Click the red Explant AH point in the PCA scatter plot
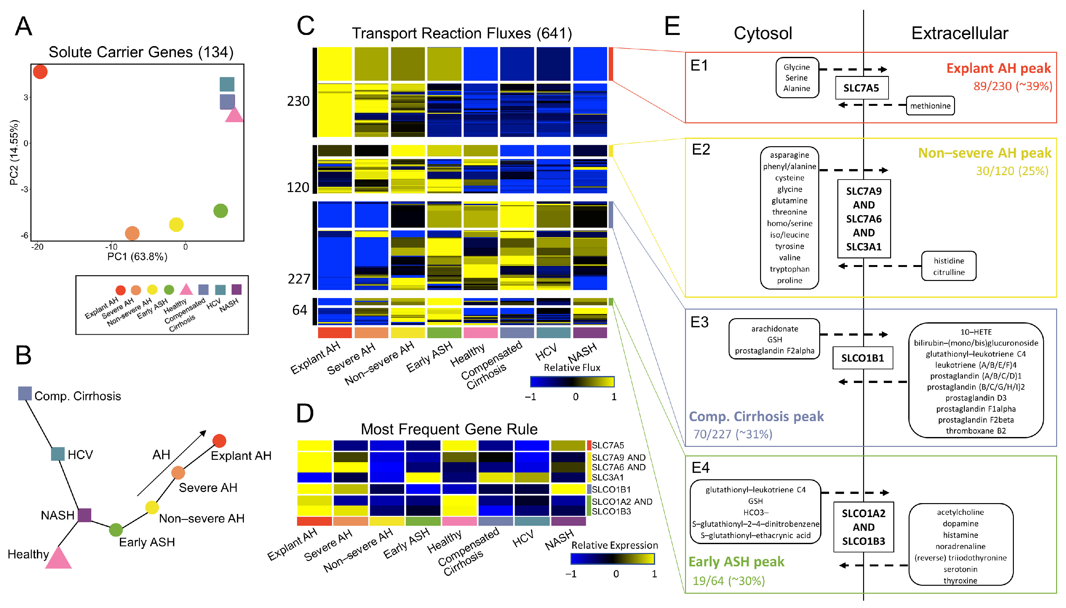click(x=40, y=72)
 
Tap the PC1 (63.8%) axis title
click(x=137, y=256)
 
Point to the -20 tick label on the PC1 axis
click(x=37, y=247)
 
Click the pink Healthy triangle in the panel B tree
click(x=58, y=558)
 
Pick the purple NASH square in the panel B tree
click(x=84, y=515)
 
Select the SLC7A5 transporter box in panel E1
click(x=861, y=88)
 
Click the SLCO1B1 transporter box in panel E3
click(x=862, y=358)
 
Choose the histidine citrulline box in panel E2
click(x=949, y=266)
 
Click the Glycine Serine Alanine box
click(x=797, y=78)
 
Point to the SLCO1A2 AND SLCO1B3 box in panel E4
click(x=863, y=527)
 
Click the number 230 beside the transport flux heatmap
click(x=298, y=101)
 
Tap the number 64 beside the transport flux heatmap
click(x=300, y=310)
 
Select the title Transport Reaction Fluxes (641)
click(x=461, y=33)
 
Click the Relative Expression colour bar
click(x=613, y=559)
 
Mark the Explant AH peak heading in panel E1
click(x=998, y=68)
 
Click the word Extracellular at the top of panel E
click(x=959, y=33)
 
